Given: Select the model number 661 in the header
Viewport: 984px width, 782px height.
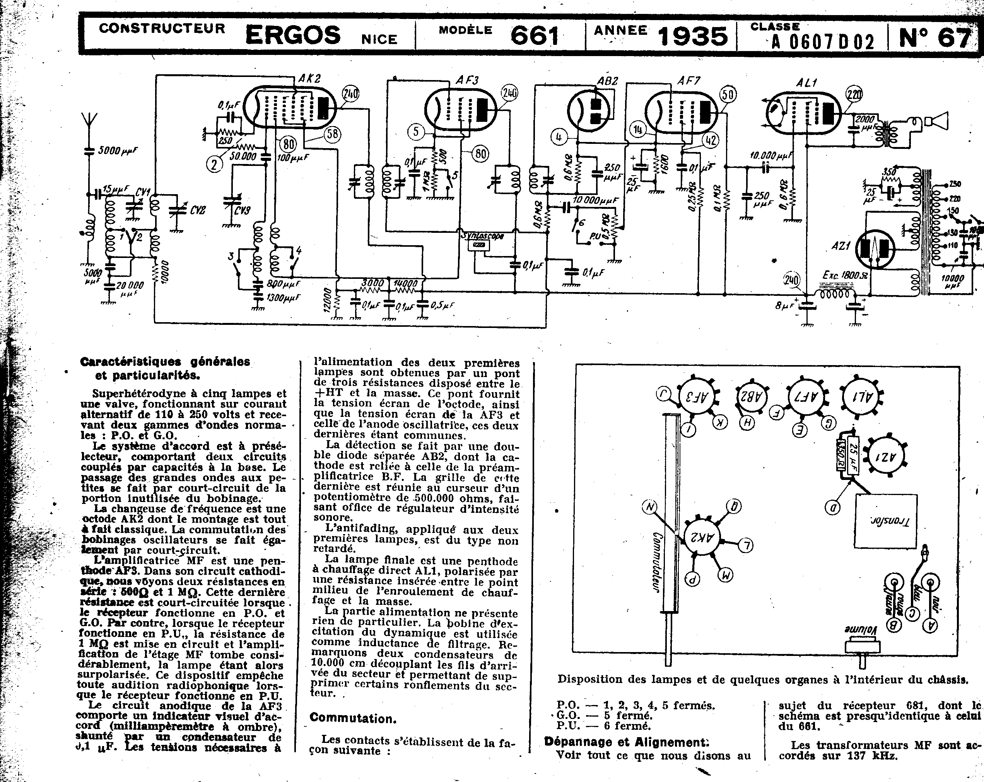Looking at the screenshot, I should click(535, 36).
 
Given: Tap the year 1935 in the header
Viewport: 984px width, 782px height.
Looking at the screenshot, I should click(692, 36).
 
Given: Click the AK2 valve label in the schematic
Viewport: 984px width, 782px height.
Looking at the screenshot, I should click(309, 79).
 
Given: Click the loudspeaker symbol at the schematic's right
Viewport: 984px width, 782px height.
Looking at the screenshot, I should click(936, 121).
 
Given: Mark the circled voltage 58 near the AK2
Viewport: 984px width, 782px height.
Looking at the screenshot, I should click(333, 134).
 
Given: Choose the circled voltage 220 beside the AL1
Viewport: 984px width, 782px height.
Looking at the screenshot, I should click(854, 94).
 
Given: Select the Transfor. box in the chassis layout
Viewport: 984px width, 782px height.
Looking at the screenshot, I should click(885, 521).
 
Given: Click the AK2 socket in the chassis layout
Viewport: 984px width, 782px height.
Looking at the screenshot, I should click(702, 536).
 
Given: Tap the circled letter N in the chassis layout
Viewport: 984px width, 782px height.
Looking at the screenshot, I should click(650, 506).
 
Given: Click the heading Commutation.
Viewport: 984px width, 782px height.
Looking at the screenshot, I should click(353, 719).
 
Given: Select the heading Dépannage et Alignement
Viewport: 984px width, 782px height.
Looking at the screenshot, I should click(627, 742).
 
